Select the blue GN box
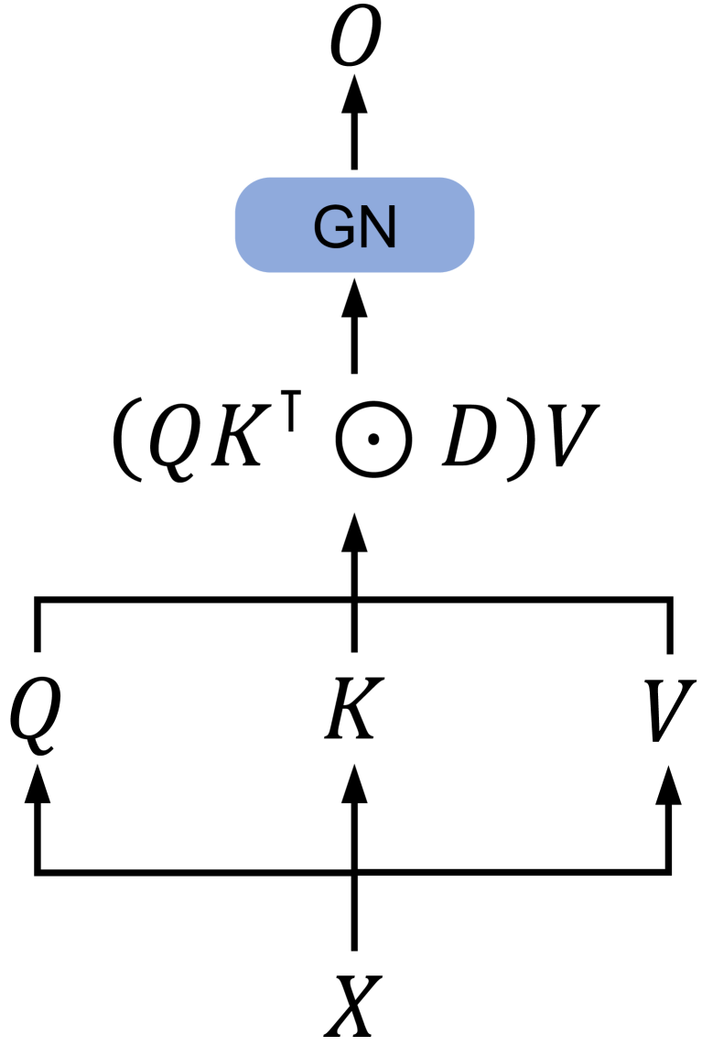[355, 224]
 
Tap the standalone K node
[351, 710]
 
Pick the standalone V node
[670, 710]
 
